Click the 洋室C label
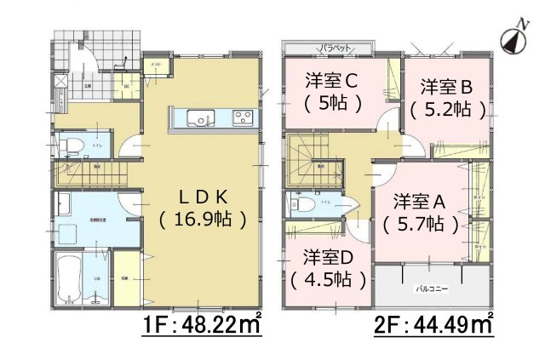pos(331,81)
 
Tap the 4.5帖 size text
pos(327,278)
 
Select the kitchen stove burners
pos(238,117)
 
